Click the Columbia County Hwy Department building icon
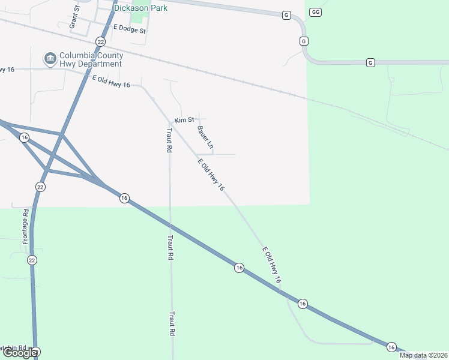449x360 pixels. [49, 59]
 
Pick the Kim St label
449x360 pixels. [184, 120]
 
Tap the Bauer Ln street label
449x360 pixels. [205, 136]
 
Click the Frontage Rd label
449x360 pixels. [26, 226]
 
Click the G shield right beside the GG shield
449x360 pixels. [286, 14]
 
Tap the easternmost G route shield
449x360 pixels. [370, 62]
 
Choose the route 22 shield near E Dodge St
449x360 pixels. [100, 41]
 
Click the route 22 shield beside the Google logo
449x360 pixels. [36, 352]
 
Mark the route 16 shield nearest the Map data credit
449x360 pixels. [391, 347]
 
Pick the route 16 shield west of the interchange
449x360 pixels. [24, 137]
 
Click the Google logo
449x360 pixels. [19, 353]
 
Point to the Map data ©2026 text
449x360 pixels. [423, 355]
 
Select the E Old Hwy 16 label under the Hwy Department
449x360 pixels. [111, 81]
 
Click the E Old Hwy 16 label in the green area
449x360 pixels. [271, 265]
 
